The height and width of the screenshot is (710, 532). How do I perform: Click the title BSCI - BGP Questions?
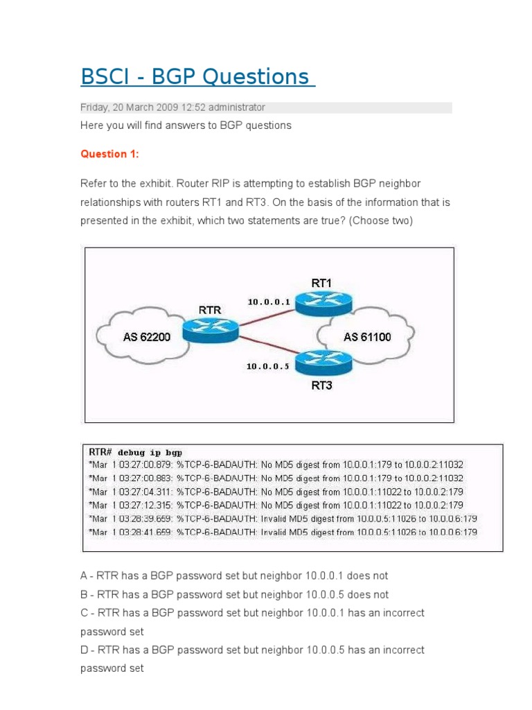[x=197, y=76]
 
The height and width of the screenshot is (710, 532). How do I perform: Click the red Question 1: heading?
[x=109, y=155]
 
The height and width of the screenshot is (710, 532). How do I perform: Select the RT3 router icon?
[x=323, y=361]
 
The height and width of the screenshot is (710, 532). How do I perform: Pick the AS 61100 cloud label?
[x=367, y=337]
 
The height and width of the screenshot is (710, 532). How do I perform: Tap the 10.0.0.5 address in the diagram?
[x=267, y=366]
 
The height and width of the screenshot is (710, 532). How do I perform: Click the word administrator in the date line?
[x=238, y=107]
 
